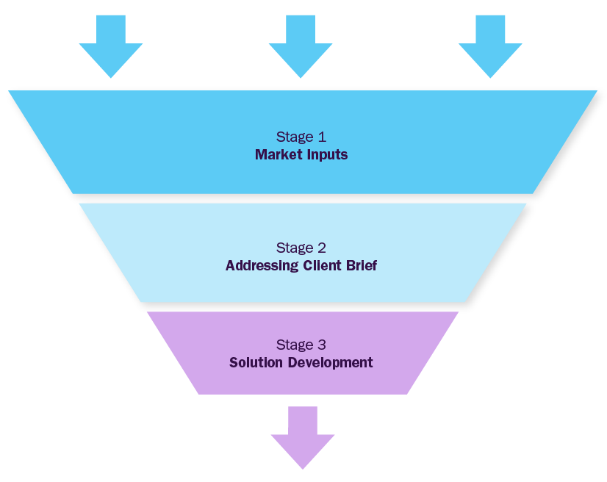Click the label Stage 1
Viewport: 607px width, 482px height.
(301, 137)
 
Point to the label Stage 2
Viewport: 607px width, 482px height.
(301, 248)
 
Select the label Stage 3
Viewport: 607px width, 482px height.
(301, 345)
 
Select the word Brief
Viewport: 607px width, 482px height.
(362, 266)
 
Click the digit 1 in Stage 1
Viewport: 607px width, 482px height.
(321, 137)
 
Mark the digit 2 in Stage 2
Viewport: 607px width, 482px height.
(321, 248)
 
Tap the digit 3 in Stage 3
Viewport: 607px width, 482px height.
(321, 345)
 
